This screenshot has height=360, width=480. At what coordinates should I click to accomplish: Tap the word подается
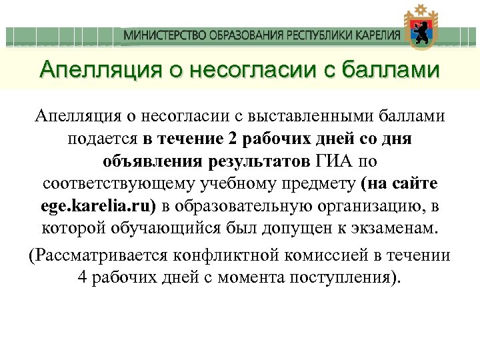pos(102,140)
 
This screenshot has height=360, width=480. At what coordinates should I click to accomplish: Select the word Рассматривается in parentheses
pos(101,255)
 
